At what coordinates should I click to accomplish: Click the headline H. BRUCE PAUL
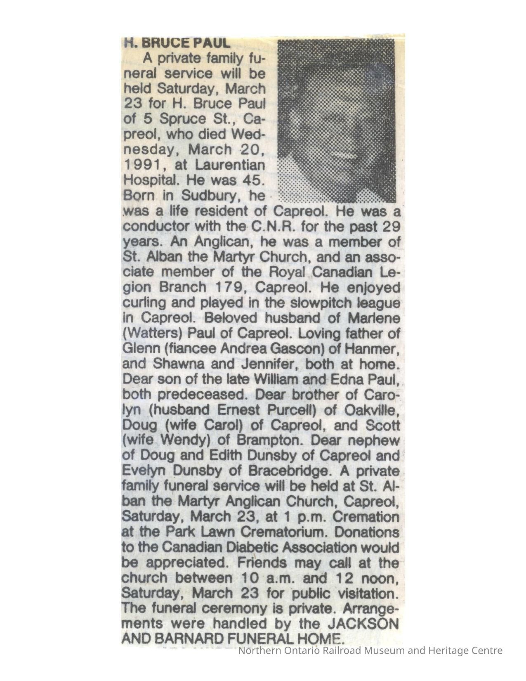pos(177,43)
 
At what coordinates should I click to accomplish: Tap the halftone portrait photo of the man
pos(337,121)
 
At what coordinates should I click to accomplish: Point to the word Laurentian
pos(230,165)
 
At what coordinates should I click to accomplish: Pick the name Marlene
pos(374,318)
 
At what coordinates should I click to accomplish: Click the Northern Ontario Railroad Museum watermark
pos(370,651)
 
